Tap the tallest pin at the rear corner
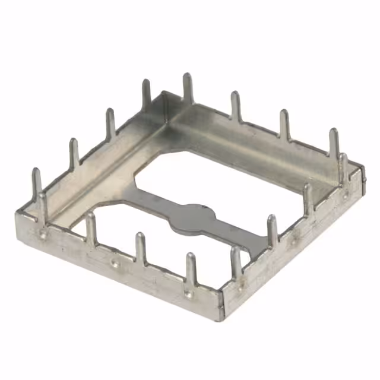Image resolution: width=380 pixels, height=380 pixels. pyautogui.click(x=188, y=89)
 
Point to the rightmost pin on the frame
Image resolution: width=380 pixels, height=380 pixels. pyautogui.click(x=344, y=169)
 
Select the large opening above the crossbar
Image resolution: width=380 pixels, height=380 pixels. pyautogui.click(x=237, y=178)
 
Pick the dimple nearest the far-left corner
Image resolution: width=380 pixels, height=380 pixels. pyautogui.click(x=43, y=233)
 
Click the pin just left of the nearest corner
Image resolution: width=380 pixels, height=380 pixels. pyautogui.click(x=190, y=270)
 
